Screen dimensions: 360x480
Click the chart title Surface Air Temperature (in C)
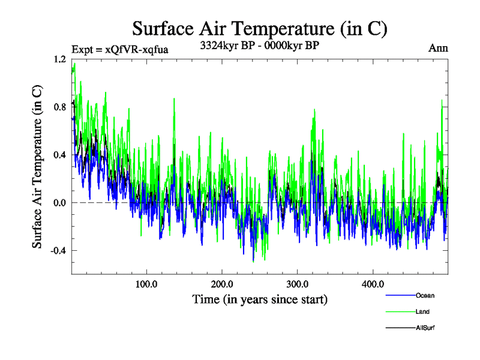(x=259, y=28)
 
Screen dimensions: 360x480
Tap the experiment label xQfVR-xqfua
(x=119, y=49)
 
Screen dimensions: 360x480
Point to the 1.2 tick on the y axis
(x=59, y=60)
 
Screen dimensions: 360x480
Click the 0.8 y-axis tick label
(x=59, y=107)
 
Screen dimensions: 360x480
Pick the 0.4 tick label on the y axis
(x=59, y=155)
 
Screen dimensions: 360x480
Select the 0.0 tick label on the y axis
(x=59, y=203)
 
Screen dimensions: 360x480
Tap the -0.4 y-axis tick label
(x=58, y=250)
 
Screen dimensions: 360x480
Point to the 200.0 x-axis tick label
(x=222, y=284)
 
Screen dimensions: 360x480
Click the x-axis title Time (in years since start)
(x=259, y=298)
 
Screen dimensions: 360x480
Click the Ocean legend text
(x=425, y=295)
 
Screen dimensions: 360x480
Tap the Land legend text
(x=422, y=311)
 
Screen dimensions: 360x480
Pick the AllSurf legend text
(x=425, y=328)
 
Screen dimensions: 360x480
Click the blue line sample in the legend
(x=400, y=296)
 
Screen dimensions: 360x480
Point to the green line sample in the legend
(x=400, y=312)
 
